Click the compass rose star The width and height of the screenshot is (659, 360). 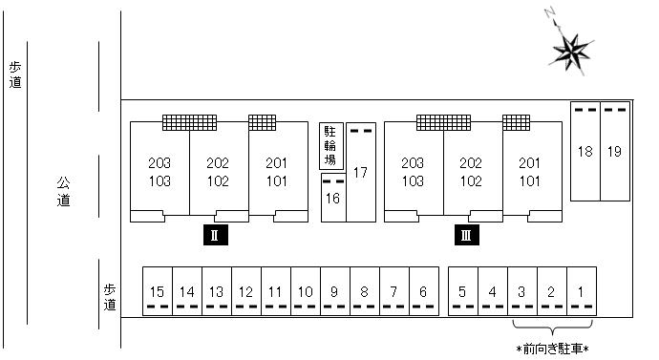(x=571, y=53)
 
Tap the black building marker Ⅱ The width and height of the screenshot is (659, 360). (x=216, y=235)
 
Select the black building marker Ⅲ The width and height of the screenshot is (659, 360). (x=466, y=235)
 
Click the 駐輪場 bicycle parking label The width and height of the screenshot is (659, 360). (x=331, y=146)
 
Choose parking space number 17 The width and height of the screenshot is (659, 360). (x=361, y=172)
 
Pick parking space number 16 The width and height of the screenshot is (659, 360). (x=333, y=198)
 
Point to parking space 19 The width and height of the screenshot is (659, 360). (x=615, y=151)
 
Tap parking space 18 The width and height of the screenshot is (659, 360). (x=585, y=151)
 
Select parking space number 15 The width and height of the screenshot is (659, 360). (x=158, y=291)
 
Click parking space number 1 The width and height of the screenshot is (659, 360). (x=582, y=291)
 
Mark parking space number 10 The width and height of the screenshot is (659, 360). (x=306, y=291)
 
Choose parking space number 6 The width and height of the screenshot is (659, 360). (x=424, y=291)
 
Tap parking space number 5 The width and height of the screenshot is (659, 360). (x=463, y=291)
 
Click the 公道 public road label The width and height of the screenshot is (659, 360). (x=63, y=192)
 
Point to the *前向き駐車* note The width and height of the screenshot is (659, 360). (x=552, y=349)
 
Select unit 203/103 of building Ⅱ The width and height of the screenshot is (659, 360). (x=159, y=172)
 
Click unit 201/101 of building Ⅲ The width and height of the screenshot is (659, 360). (x=532, y=172)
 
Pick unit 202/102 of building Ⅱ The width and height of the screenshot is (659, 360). (x=219, y=172)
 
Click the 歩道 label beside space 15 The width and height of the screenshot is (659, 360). (x=110, y=297)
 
